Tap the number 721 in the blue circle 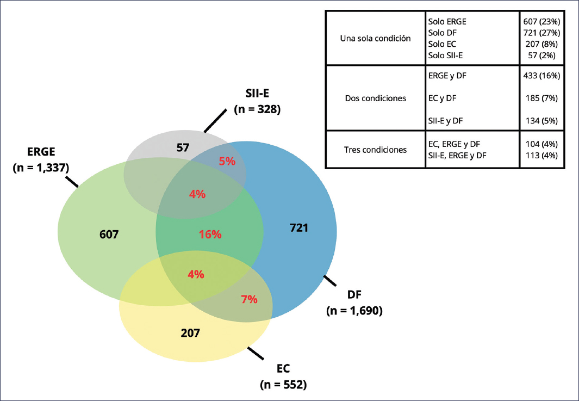(299, 228)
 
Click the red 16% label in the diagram (210, 235)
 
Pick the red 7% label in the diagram (248, 299)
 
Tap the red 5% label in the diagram (227, 161)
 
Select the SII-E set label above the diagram (257, 95)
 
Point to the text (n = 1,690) (355, 311)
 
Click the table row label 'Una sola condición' (374, 39)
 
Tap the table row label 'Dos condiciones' (375, 98)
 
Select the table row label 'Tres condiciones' (376, 149)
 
